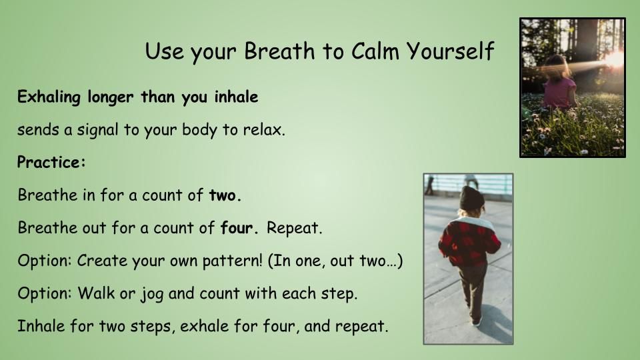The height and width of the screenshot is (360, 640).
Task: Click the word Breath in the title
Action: [279, 51]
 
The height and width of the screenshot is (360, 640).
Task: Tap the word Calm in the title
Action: [375, 51]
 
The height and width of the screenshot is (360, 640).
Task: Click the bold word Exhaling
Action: [49, 97]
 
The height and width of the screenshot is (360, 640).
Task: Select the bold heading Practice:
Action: [51, 162]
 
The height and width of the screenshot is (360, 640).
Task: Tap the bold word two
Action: [225, 195]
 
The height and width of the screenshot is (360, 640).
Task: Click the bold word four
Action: [239, 227]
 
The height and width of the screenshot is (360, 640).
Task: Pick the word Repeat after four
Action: [294, 228]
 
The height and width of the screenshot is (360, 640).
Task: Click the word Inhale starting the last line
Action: [41, 326]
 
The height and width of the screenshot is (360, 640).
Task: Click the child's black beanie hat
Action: [471, 199]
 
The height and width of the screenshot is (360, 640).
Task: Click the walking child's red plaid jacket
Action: [469, 241]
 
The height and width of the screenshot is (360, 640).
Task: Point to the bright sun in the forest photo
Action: [613, 59]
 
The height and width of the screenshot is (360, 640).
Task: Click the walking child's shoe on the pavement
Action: [476, 321]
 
